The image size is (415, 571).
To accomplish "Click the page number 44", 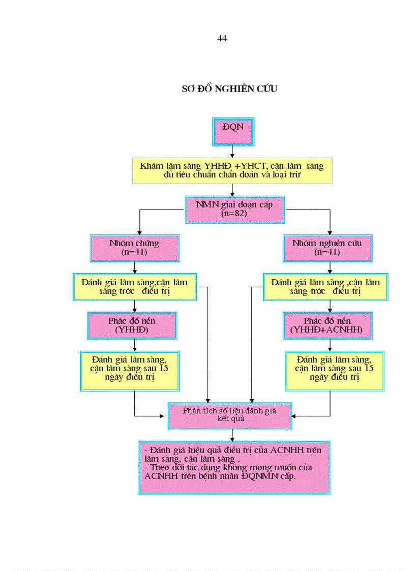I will point(222,39).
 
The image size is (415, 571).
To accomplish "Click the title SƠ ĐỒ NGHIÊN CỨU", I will point(229,89).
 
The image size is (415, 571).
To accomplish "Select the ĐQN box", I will point(233,131).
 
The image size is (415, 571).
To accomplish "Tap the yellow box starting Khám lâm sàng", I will point(232,171).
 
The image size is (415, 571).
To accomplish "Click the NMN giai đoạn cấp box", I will point(234,209).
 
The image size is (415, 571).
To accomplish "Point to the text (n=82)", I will point(234,215).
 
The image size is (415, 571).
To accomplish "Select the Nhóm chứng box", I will point(134,248).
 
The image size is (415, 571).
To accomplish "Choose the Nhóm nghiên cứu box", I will point(327,248).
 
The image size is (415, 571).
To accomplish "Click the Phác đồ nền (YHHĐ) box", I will point(132,325).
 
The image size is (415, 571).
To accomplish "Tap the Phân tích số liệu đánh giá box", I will point(229,415).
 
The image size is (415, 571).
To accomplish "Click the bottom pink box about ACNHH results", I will point(234,467).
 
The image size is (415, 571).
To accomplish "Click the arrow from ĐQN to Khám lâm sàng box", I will point(232,152).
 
